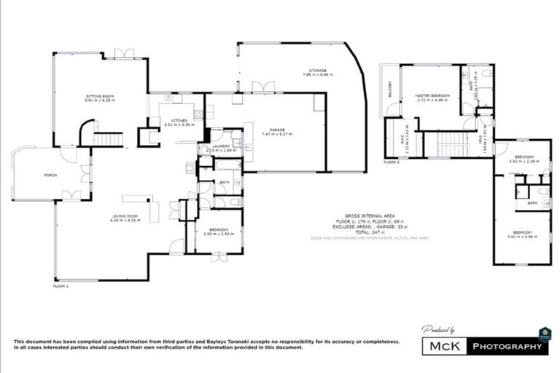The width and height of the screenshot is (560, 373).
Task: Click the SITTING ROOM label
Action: pos(99,97)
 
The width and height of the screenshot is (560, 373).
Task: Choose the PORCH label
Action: pos(50,175)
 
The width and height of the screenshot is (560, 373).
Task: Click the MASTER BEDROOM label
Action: pos(432,95)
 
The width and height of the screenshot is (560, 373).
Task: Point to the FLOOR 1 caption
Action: pos(61,286)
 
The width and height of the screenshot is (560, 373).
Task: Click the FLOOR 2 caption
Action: pos(392,162)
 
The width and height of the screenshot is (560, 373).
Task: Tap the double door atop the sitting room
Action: pos(124,53)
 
